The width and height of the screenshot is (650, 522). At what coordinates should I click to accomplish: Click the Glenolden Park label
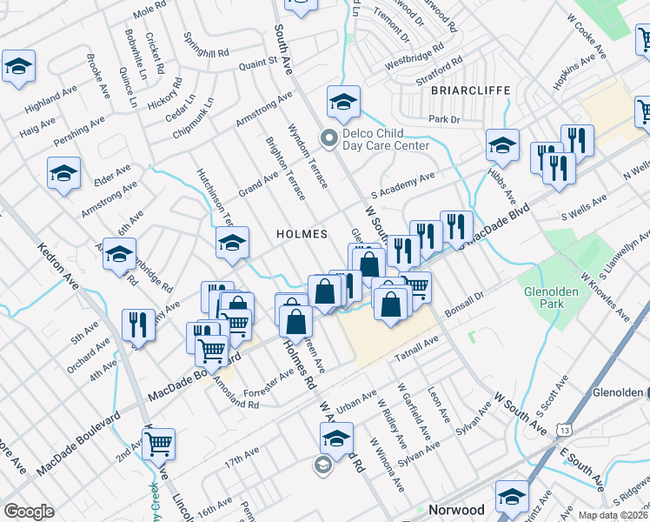point(545,298)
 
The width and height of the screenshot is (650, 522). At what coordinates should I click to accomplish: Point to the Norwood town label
point(456,510)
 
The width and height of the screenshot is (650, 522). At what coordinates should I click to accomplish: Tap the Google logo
point(29,511)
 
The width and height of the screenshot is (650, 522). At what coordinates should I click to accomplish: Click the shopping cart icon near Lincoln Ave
point(159,444)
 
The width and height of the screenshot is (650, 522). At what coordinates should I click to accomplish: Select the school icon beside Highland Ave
point(18,68)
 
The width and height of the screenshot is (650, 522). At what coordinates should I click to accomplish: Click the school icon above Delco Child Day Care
point(343,104)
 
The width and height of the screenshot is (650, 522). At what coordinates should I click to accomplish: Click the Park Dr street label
point(442,119)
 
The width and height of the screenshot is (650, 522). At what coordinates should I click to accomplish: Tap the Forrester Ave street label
point(269,384)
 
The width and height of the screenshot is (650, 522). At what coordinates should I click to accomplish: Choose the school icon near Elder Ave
point(64,173)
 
